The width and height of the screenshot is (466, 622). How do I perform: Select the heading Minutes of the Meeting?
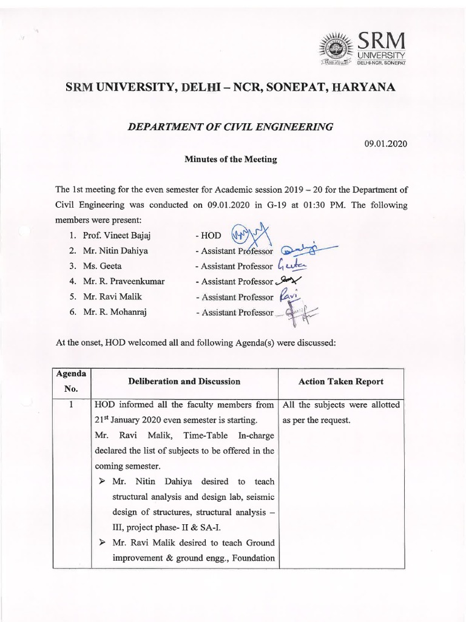click(231, 160)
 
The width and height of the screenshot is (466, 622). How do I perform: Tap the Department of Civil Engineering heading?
click(229, 127)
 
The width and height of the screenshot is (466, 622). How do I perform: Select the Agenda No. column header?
click(72, 381)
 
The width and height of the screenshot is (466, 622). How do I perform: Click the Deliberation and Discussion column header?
click(184, 381)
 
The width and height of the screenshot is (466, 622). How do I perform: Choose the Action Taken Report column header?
click(340, 381)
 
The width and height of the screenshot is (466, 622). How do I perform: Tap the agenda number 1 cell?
click(72, 405)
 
